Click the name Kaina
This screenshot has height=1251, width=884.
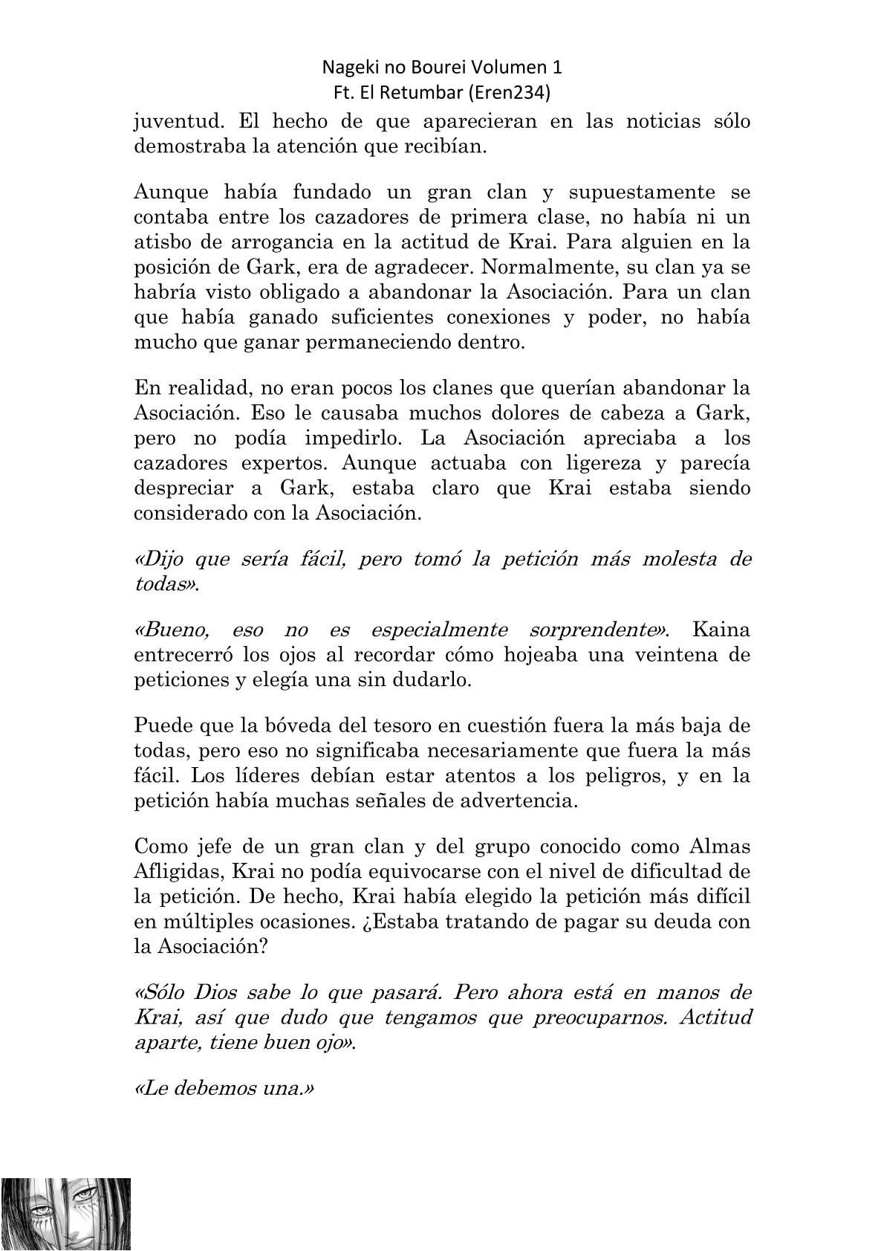[x=721, y=630]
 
